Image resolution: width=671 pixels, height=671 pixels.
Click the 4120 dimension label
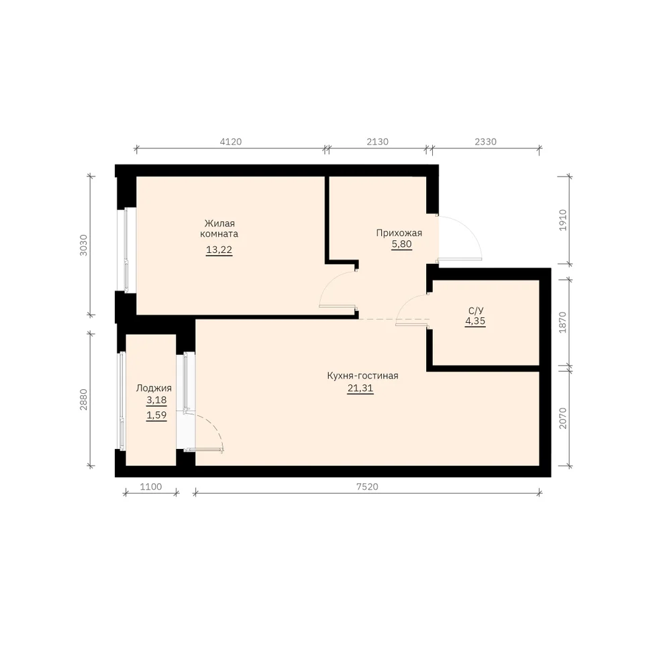click(231, 142)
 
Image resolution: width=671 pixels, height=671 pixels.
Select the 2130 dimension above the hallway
click(377, 142)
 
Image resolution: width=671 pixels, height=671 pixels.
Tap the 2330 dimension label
click(486, 142)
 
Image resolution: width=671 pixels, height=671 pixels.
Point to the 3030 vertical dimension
click(83, 245)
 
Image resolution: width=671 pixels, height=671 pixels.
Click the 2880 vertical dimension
click(83, 400)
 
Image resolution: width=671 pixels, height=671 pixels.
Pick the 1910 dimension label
click(563, 220)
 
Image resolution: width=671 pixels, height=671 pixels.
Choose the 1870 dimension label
click(563, 322)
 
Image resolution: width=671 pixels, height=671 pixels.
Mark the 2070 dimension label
click(563, 418)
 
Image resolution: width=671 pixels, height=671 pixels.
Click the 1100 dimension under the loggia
click(151, 486)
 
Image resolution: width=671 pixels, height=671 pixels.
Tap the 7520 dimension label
click(367, 486)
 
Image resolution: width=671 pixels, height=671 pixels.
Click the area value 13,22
click(219, 250)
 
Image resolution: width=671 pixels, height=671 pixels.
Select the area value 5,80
click(401, 244)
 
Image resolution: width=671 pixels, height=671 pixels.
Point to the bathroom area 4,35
click(475, 321)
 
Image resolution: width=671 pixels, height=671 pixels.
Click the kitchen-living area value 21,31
click(360, 389)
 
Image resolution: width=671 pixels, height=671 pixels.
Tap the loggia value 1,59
click(156, 415)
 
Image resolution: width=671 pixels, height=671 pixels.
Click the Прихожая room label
click(399, 234)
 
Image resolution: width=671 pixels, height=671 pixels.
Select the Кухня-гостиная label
click(362, 376)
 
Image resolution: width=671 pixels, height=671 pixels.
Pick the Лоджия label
click(154, 388)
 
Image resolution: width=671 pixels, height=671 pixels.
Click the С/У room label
click(476, 311)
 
